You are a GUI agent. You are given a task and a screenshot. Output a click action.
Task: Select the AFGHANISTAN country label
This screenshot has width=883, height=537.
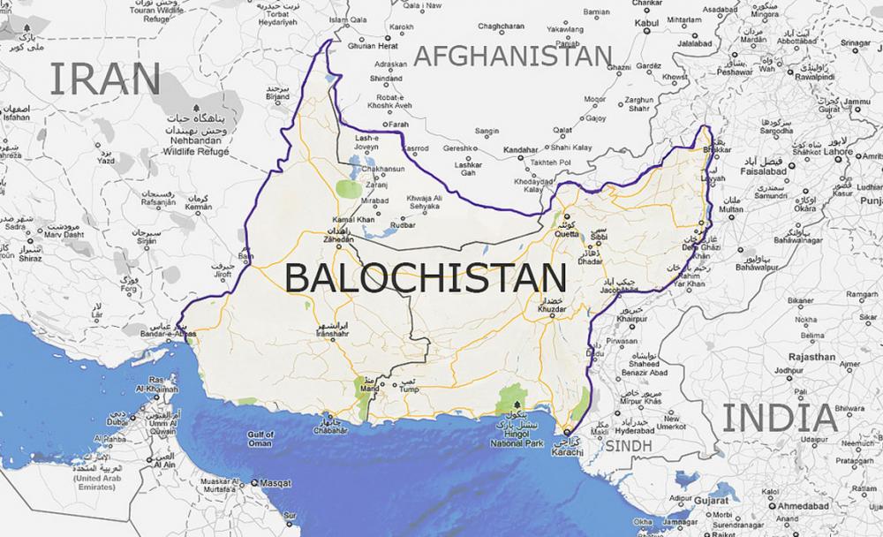tap(513, 56)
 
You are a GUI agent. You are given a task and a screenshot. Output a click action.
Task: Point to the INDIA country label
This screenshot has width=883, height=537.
tap(779, 418)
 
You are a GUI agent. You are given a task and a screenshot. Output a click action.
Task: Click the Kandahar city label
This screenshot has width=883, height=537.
tap(520, 150)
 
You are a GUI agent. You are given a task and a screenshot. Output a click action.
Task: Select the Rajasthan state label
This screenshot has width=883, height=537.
tap(812, 358)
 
